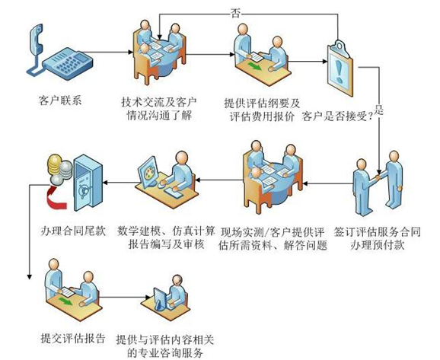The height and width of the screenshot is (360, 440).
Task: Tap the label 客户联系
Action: [x=60, y=100]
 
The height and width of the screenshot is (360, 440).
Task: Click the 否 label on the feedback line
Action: [x=235, y=14]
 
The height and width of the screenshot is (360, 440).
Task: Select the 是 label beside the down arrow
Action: [x=379, y=110]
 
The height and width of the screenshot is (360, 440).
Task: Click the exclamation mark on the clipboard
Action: [x=340, y=71]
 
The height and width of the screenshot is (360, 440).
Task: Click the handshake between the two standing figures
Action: [x=378, y=177]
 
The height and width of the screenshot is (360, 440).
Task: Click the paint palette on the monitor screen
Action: [x=148, y=172]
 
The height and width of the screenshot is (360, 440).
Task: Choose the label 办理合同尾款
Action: [x=73, y=231]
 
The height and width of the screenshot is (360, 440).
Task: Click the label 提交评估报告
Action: [x=73, y=338]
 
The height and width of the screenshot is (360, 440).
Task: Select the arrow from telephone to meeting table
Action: [x=108, y=52]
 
